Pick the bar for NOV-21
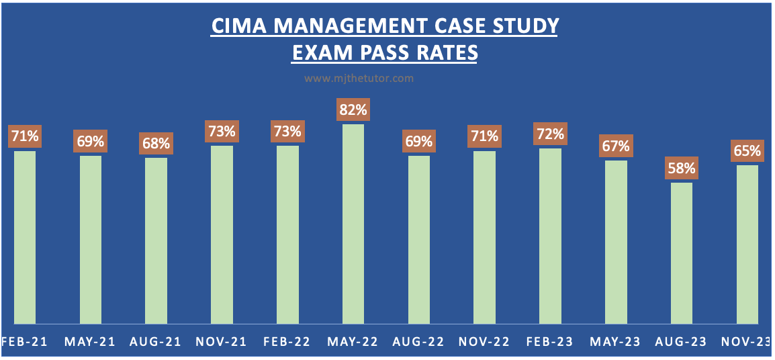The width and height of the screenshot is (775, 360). (x=222, y=234)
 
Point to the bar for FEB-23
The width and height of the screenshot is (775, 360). (x=551, y=236)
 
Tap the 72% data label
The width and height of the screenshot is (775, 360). (x=550, y=134)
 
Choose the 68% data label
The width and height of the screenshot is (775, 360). (x=156, y=144)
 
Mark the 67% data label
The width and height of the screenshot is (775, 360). (x=616, y=146)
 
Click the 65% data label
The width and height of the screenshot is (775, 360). (x=747, y=150)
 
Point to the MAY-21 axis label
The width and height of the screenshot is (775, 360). (x=90, y=342)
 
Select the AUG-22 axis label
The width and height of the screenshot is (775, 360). (x=419, y=342)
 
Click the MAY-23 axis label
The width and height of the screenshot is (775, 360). (x=616, y=342)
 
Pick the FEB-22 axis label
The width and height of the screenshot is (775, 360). (x=287, y=342)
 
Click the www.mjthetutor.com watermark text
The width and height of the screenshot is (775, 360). (x=359, y=79)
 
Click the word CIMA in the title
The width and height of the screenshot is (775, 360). (x=234, y=26)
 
